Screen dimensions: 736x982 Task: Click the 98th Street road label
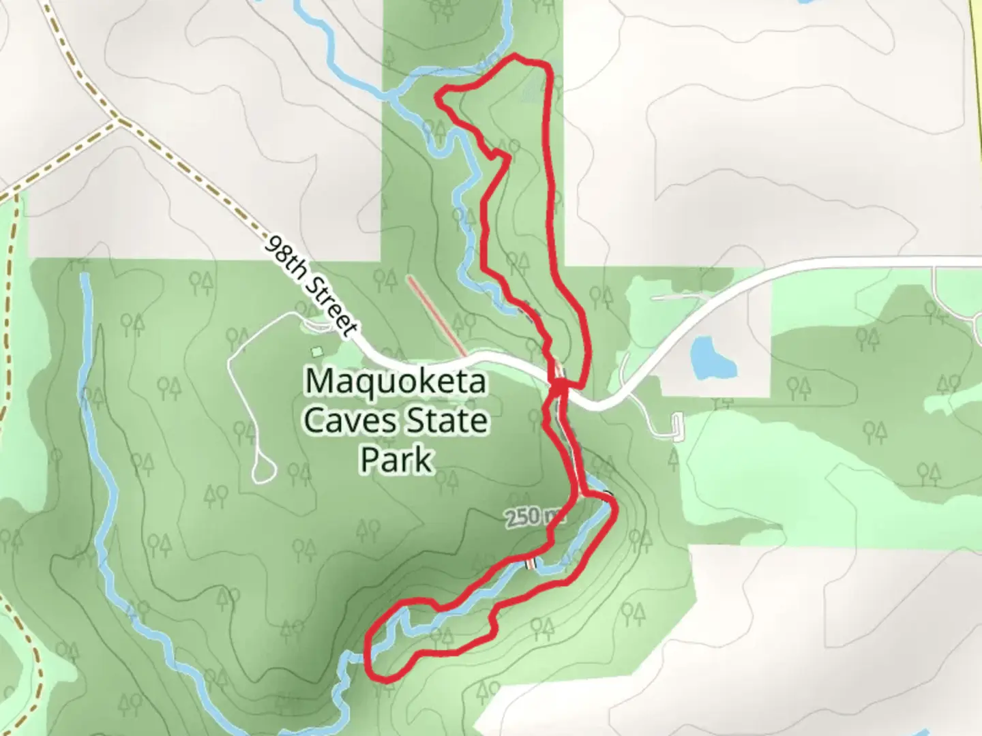coord(311,287)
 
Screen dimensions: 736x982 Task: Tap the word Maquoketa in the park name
coord(396,382)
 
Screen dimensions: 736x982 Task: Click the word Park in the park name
coord(396,460)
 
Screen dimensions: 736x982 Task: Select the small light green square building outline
coord(316,352)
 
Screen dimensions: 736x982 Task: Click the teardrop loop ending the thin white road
coord(263,470)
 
